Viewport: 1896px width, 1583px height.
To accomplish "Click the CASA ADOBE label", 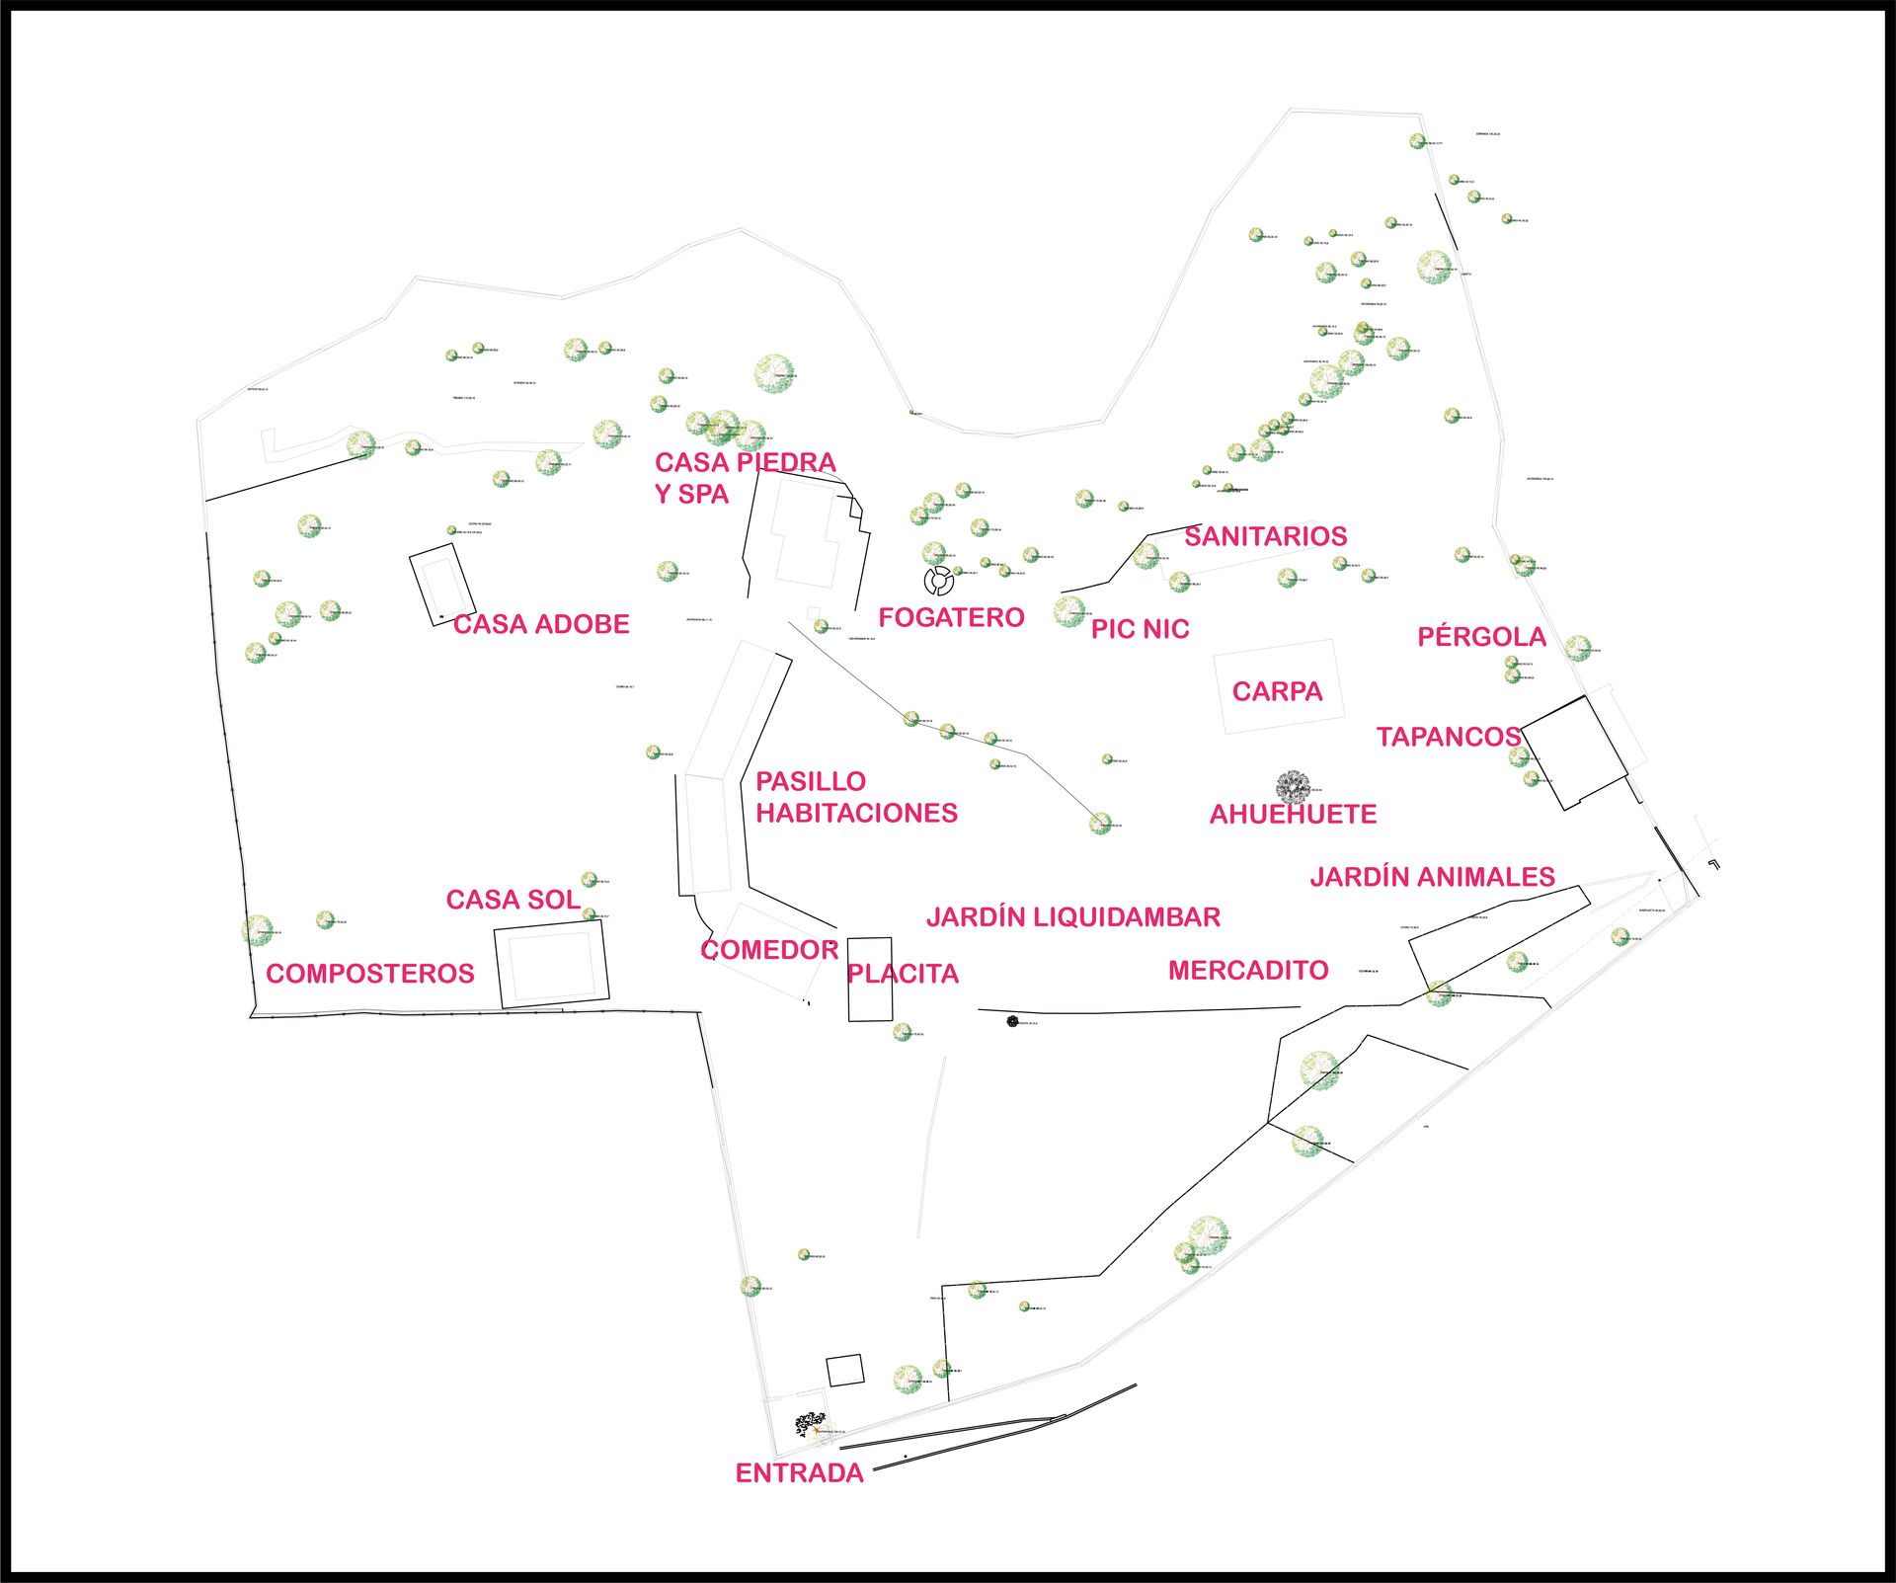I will (x=541, y=624).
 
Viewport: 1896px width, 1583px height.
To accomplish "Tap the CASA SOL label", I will (x=513, y=900).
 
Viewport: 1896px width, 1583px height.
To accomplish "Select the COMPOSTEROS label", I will (x=370, y=974).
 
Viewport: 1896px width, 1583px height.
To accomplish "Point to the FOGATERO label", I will (x=951, y=618).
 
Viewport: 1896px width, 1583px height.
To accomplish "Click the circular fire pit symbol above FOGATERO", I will (x=938, y=580).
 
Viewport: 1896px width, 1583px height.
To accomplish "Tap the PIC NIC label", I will (x=1140, y=629).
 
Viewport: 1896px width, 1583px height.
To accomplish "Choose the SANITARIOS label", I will (x=1265, y=536).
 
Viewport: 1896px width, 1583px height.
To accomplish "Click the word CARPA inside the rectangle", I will (x=1277, y=691).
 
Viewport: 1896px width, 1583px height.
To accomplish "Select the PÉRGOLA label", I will (x=1481, y=637).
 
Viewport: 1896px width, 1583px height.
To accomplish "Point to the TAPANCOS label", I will (x=1448, y=737).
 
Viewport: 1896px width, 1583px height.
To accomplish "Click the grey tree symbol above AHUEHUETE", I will (x=1293, y=787).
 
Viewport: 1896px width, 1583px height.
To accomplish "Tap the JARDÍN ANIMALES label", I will (x=1432, y=877).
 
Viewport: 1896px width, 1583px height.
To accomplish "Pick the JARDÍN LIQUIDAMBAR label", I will (x=1073, y=917).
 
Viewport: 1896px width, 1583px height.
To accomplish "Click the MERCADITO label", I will (x=1248, y=971).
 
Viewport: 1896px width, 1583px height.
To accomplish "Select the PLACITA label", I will (x=903, y=974).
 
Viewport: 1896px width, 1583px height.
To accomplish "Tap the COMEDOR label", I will (x=769, y=950).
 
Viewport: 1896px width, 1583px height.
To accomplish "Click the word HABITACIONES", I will (x=857, y=813).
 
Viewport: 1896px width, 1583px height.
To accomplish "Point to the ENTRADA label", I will (x=799, y=1473).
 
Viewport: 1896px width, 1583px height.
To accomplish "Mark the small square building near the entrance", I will (x=844, y=1370).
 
